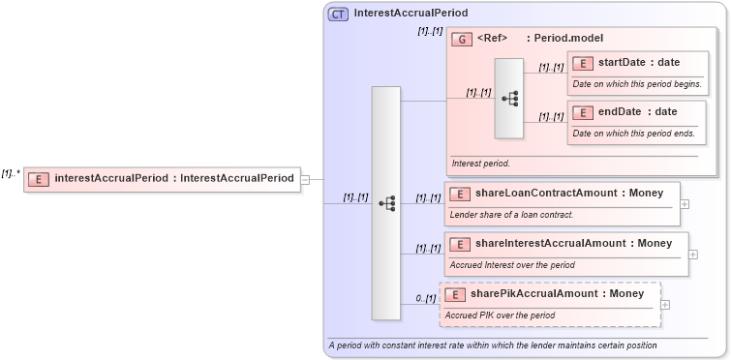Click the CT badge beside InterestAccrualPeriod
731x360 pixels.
tap(338, 14)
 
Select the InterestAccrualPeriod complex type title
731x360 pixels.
tap(411, 14)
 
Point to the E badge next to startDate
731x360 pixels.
tap(583, 63)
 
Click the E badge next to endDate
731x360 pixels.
tap(583, 112)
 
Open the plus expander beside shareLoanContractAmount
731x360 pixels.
tap(685, 204)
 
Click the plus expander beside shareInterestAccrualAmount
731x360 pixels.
tap(693, 255)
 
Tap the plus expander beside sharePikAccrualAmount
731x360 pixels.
tap(665, 305)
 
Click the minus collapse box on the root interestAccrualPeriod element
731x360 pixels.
tap(305, 179)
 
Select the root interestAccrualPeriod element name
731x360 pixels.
tap(174, 178)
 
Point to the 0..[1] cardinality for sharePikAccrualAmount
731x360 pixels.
tap(426, 298)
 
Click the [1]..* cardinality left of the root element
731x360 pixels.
tap(11, 174)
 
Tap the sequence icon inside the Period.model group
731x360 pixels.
tap(509, 98)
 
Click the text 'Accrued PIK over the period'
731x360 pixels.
tap(500, 315)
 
